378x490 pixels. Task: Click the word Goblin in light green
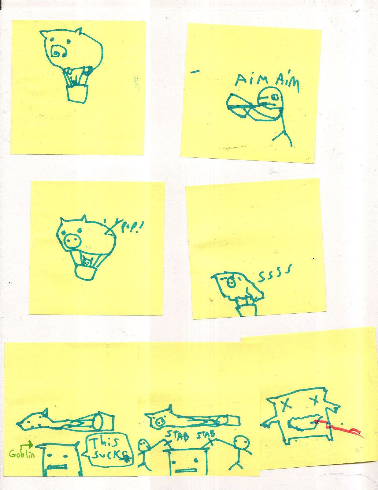tap(22, 453)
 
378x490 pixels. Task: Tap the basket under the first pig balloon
tap(77, 93)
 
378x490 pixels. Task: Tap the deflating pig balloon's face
tap(230, 283)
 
